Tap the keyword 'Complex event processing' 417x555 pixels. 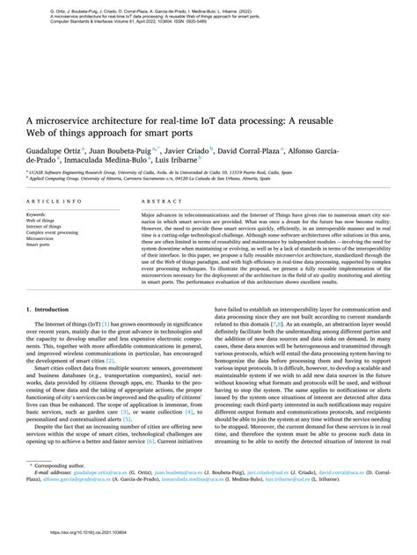pos(52,231)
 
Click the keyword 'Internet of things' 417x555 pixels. pos(44,225)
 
